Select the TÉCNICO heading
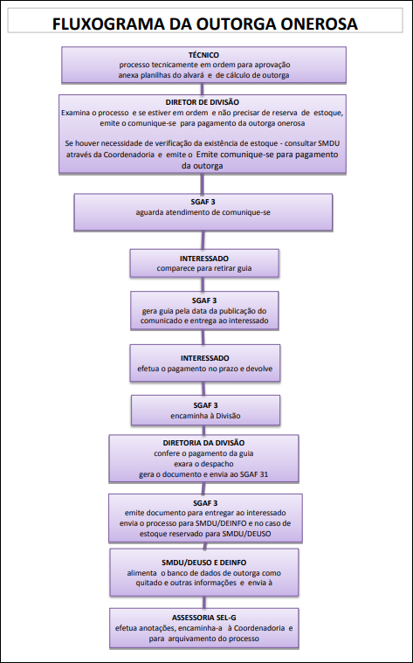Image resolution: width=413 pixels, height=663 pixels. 203,55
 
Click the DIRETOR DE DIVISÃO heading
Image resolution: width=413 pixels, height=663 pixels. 202,102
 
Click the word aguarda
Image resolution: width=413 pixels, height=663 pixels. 148,212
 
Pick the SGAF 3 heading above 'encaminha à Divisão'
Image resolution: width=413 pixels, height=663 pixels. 205,405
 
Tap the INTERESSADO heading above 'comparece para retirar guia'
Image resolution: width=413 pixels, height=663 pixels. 204,259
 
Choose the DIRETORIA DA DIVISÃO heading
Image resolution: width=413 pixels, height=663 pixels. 203,443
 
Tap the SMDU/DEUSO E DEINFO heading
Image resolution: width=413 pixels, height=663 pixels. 203,563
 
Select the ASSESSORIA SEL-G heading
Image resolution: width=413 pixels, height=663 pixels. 203,618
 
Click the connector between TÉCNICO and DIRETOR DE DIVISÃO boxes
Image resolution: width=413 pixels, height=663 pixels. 202,88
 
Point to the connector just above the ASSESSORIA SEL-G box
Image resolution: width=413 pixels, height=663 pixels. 204,602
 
